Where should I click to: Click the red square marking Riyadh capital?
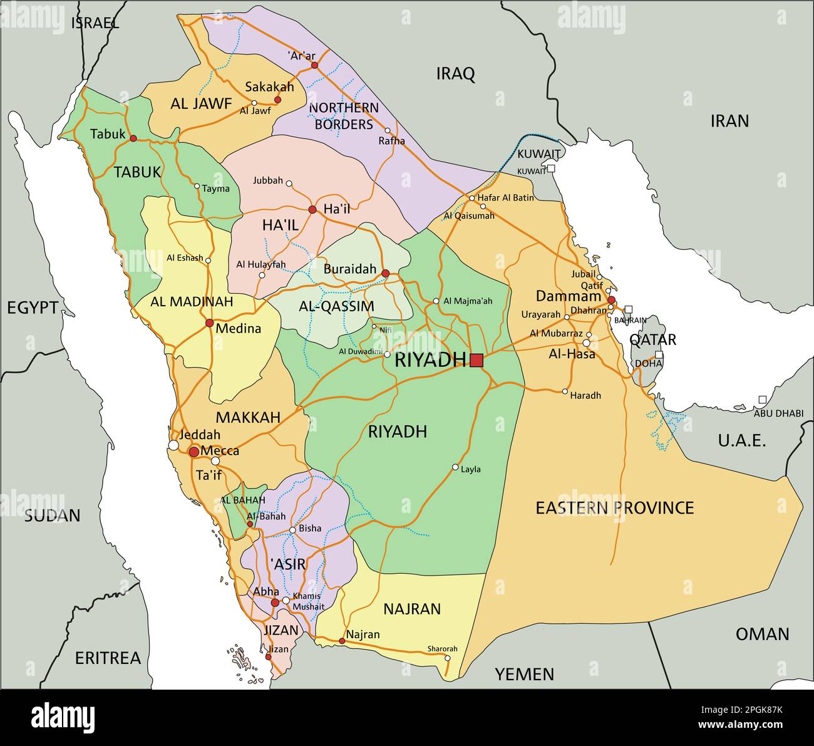[x=477, y=360]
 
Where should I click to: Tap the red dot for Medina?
[x=209, y=323]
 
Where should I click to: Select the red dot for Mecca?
[x=194, y=451]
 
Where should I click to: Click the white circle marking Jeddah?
[x=173, y=445]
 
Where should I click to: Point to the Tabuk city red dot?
[x=133, y=138]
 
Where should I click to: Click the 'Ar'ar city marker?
[x=314, y=65]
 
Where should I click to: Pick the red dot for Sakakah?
[x=277, y=100]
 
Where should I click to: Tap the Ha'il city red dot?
[x=312, y=209]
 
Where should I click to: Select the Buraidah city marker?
[x=385, y=273]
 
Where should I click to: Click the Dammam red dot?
[x=611, y=299]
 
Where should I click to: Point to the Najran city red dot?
[x=342, y=641]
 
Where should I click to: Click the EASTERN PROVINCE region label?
[x=614, y=507]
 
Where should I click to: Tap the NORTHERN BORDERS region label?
[x=344, y=116]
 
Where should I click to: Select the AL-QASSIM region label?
[x=336, y=306]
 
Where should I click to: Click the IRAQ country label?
[x=455, y=74]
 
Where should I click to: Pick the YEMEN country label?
[x=524, y=674]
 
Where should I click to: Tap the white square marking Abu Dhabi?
[x=762, y=400]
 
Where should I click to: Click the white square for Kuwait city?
[x=551, y=168]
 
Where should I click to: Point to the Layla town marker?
[x=455, y=467]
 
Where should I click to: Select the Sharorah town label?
[x=442, y=648]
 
